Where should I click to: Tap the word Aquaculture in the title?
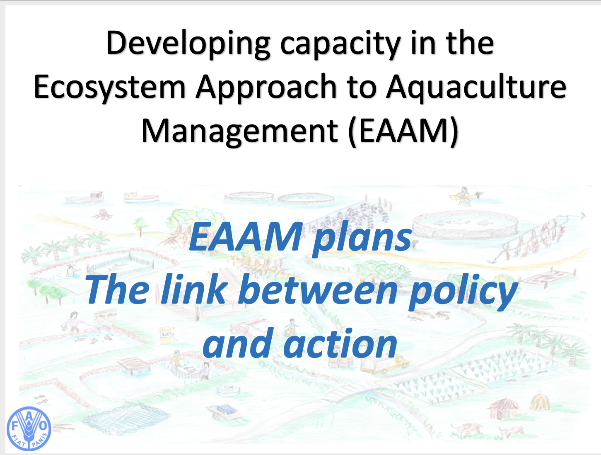(x=476, y=88)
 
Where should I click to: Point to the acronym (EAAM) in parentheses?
(x=403, y=131)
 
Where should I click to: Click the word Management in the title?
(x=240, y=131)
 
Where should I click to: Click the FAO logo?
(x=29, y=428)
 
